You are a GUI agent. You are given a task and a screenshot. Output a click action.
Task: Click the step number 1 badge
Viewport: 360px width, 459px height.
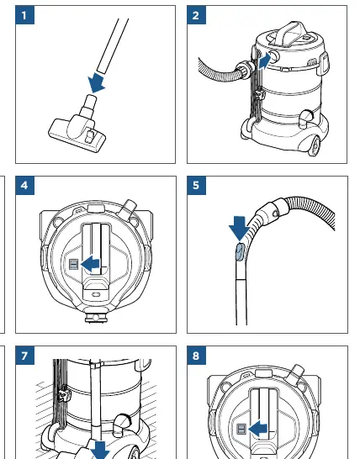pyautogui.click(x=24, y=15)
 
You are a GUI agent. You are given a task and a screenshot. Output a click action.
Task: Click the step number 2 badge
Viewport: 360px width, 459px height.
pyautogui.click(x=196, y=15)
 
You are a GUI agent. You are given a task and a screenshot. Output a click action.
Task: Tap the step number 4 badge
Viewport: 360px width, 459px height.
pyautogui.click(x=24, y=185)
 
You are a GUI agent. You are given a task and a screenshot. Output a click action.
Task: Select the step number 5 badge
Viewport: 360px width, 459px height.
pyautogui.click(x=196, y=185)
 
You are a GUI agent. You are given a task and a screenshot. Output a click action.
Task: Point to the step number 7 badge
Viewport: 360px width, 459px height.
pyautogui.click(x=24, y=356)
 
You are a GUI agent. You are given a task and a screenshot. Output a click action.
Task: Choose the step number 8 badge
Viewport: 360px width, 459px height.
pyautogui.click(x=196, y=356)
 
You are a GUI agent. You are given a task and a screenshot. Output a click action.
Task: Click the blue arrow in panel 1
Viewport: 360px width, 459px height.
pyautogui.click(x=96, y=82)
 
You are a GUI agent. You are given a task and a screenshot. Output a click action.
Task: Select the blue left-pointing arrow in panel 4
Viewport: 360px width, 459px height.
pyautogui.click(x=90, y=264)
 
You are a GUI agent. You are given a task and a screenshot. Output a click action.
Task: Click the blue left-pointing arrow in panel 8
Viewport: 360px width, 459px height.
pyautogui.click(x=257, y=429)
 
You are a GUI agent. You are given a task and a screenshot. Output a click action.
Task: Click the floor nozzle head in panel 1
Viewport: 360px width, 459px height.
pyautogui.click(x=77, y=132)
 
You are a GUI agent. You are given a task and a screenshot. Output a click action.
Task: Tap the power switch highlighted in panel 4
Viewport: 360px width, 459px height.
pyautogui.click(x=73, y=265)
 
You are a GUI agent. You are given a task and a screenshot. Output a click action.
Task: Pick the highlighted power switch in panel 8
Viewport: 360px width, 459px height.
pyautogui.click(x=241, y=429)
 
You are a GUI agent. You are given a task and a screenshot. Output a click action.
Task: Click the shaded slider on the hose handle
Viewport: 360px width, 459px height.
pyautogui.click(x=240, y=252)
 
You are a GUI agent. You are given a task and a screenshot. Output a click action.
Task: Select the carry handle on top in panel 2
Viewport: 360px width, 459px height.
pyautogui.click(x=291, y=34)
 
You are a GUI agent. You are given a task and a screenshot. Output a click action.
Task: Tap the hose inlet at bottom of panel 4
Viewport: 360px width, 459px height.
pyautogui.click(x=96, y=317)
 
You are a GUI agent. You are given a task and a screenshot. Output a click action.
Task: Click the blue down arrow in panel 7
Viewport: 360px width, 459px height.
pyautogui.click(x=100, y=451)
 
